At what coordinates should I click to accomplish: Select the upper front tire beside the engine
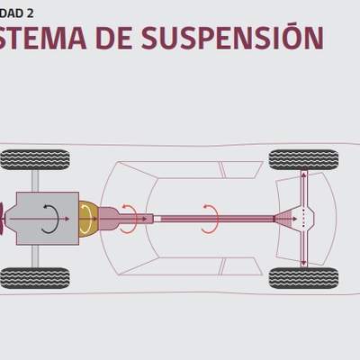35,160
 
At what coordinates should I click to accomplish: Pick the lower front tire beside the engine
35,277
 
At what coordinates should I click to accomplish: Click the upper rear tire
303,160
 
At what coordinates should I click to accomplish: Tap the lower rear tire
303,277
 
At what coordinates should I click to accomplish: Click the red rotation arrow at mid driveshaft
210,217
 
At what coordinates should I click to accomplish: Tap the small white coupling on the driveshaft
157,218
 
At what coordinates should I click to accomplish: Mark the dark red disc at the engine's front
4,219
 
